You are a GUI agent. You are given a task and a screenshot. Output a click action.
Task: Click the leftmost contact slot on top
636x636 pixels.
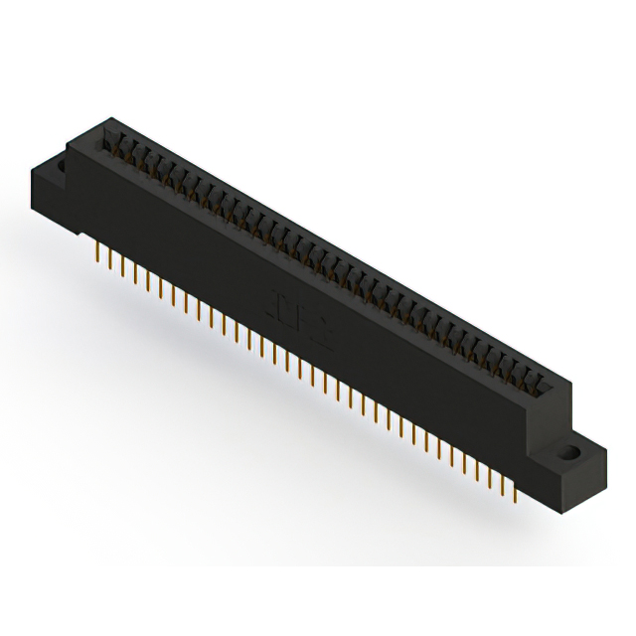(x=113, y=140)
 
